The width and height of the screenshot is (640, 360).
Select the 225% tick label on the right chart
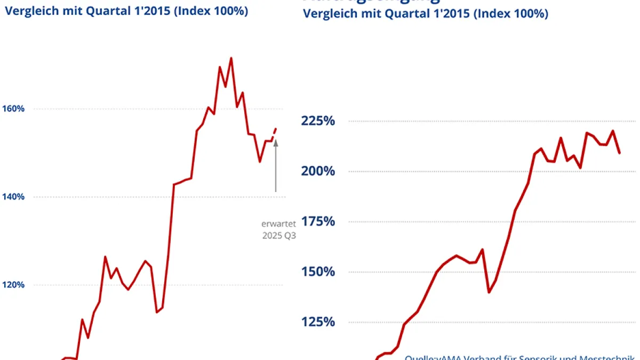click(318, 121)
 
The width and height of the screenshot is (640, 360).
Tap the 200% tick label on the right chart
click(318, 171)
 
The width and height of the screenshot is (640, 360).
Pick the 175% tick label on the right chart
click(318, 221)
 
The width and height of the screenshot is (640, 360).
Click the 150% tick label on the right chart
click(318, 272)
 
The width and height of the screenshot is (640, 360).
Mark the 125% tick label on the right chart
click(318, 322)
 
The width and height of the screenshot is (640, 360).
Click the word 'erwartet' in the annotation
click(275, 224)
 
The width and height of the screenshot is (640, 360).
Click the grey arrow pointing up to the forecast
click(276, 165)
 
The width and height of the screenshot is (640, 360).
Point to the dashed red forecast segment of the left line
click(274, 132)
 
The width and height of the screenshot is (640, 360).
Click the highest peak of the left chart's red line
click(231, 58)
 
